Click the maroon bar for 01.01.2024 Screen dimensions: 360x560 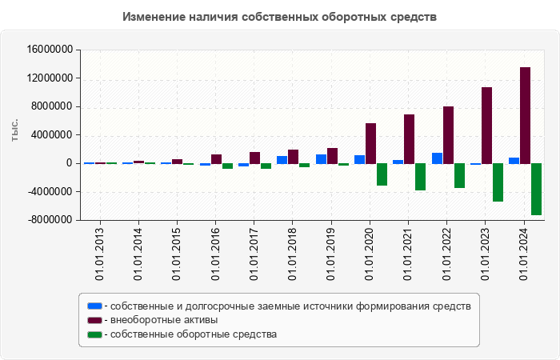point(525,115)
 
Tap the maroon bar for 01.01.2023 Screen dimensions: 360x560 point(486,125)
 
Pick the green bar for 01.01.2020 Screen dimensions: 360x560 point(382,174)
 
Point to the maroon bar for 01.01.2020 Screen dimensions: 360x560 point(370,143)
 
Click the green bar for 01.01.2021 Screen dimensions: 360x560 point(420,177)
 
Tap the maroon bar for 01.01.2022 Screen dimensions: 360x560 point(448,134)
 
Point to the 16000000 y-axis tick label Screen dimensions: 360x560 point(50,50)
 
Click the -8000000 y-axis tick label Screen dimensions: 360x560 point(50,220)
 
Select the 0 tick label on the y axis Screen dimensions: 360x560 point(70,163)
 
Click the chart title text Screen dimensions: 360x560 point(280,17)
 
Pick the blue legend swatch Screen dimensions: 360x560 point(94,306)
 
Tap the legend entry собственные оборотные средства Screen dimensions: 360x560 point(194,334)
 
